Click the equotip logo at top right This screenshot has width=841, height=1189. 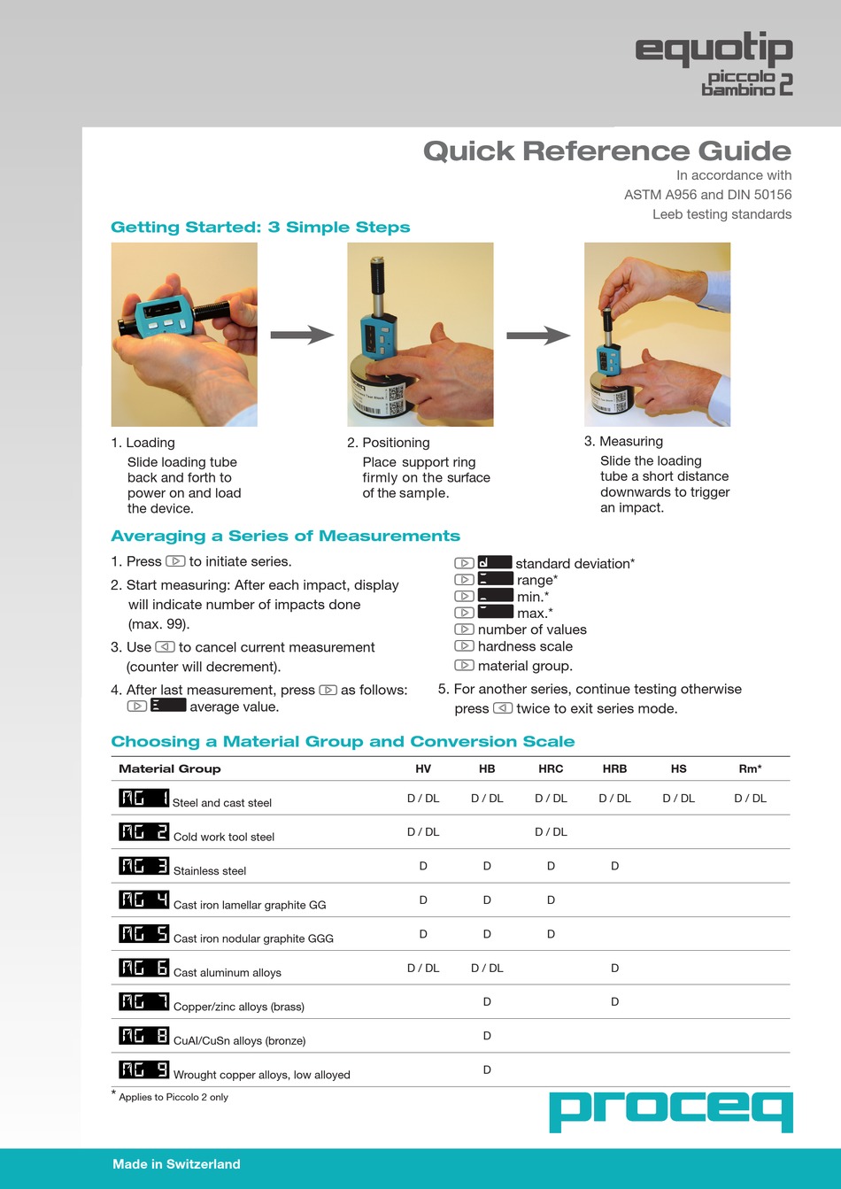[714, 64]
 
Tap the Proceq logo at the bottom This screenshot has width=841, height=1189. [670, 1111]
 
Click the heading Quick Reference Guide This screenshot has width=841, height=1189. [606, 151]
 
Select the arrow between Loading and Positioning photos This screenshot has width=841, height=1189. [302, 335]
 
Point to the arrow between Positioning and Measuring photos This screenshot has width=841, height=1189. [538, 336]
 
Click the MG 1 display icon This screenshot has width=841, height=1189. [143, 798]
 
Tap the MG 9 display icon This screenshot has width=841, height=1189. [143, 1069]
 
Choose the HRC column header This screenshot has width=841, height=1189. [551, 768]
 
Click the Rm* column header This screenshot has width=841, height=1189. [750, 768]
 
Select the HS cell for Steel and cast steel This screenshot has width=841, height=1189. [678, 798]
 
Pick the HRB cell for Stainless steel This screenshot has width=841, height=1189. [614, 866]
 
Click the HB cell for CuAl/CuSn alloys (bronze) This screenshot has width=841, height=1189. [487, 1036]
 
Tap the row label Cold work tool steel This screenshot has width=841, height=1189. [224, 837]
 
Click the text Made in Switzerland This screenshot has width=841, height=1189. [176, 1164]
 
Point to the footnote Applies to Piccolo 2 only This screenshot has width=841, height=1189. [173, 1097]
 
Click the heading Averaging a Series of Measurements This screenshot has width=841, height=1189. [285, 536]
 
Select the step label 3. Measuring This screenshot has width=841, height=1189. [623, 441]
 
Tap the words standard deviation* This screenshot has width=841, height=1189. [575, 563]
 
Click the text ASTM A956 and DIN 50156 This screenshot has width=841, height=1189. [707, 195]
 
